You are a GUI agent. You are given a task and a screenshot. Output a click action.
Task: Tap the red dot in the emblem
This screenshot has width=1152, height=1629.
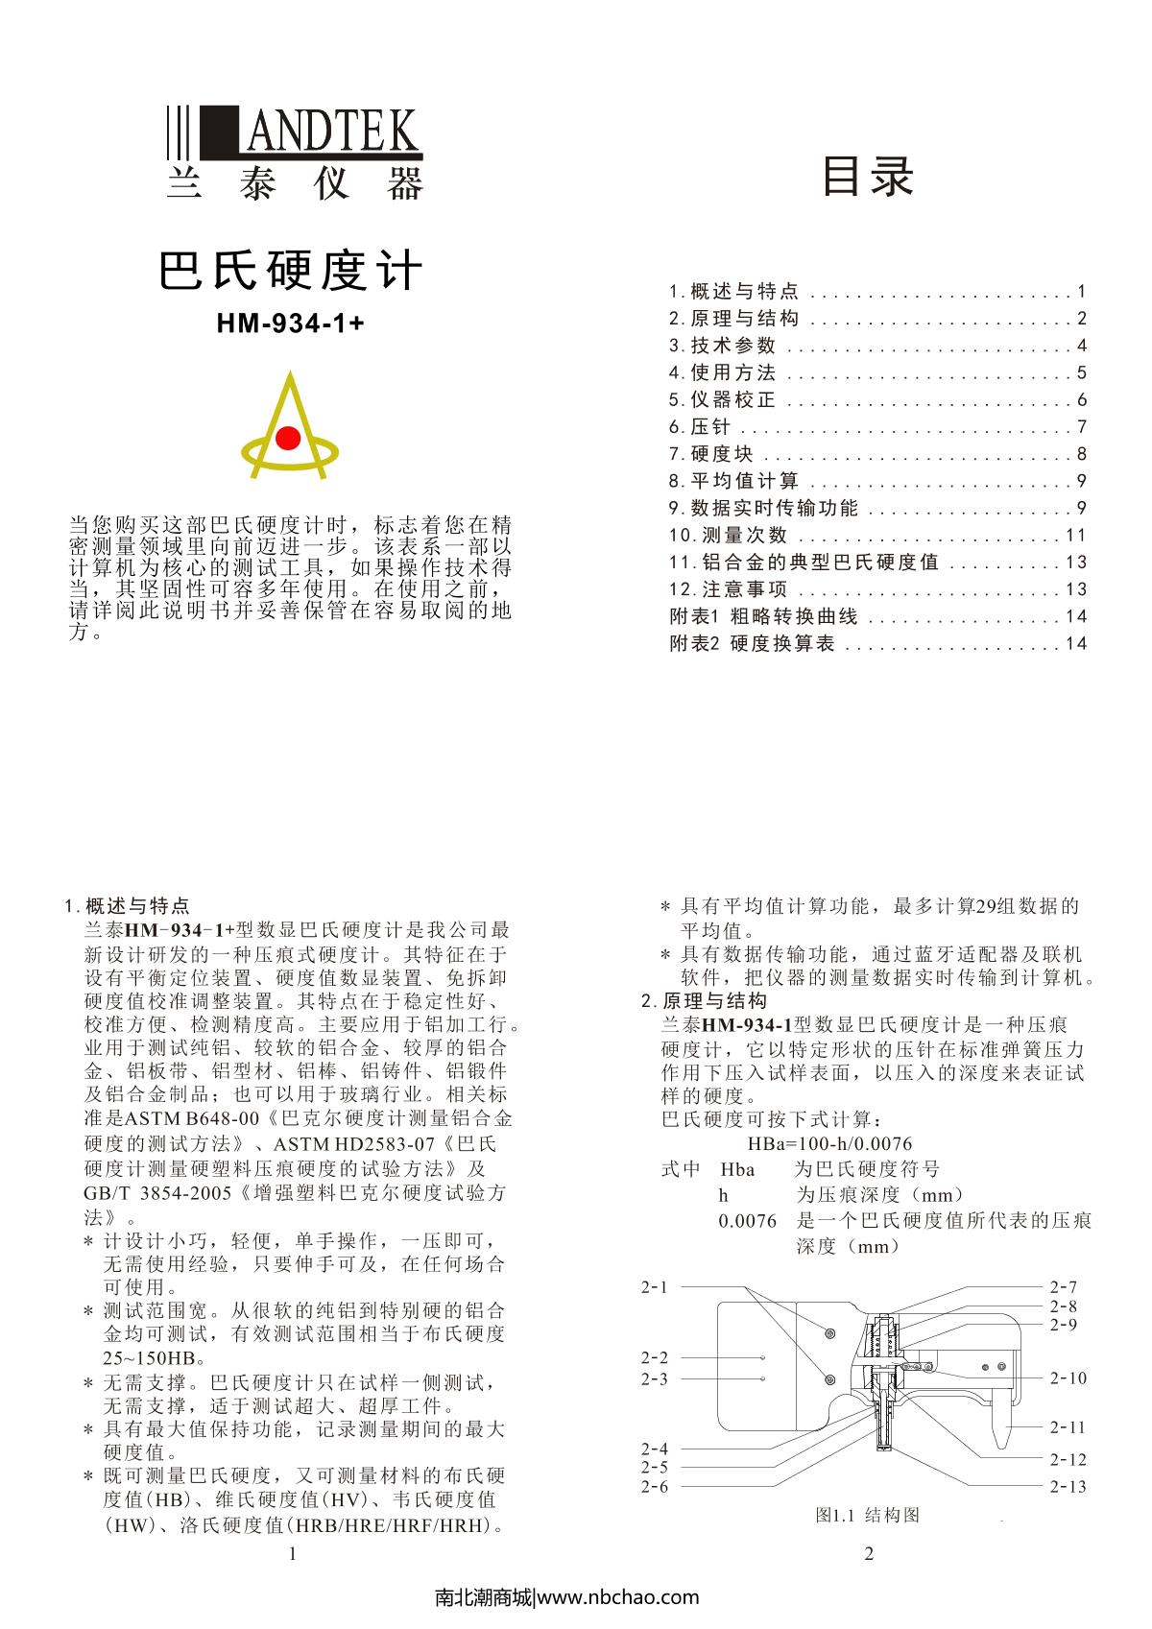288,439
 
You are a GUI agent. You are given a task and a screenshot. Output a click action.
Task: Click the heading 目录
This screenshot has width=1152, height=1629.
868,176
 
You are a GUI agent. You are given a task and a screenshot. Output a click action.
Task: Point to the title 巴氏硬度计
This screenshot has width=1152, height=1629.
291,271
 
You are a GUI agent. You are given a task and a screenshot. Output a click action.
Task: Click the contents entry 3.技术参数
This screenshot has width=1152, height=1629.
723,346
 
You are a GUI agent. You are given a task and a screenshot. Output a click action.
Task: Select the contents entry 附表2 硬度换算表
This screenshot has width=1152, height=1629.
753,643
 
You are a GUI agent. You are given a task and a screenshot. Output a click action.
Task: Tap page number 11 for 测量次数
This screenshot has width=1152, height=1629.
1075,535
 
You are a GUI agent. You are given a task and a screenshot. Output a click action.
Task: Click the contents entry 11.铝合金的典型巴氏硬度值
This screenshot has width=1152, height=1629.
804,562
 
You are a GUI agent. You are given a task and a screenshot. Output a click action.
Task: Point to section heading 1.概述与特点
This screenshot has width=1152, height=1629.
127,905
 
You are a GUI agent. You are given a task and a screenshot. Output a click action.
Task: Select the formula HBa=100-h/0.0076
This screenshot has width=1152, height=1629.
829,1143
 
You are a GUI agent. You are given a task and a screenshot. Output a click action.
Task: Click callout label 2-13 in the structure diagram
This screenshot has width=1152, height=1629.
1068,1486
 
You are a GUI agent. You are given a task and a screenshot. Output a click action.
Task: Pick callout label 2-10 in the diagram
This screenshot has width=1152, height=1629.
1068,1377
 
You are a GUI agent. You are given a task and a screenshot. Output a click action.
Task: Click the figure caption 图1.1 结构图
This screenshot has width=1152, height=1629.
867,1515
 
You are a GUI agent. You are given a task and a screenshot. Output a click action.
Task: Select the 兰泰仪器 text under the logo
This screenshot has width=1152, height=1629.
294,182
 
